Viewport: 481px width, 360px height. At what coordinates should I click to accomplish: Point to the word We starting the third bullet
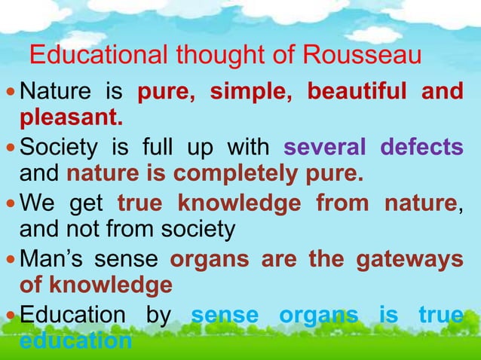(x=35, y=203)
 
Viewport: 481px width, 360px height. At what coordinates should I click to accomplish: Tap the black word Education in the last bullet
(x=73, y=316)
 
